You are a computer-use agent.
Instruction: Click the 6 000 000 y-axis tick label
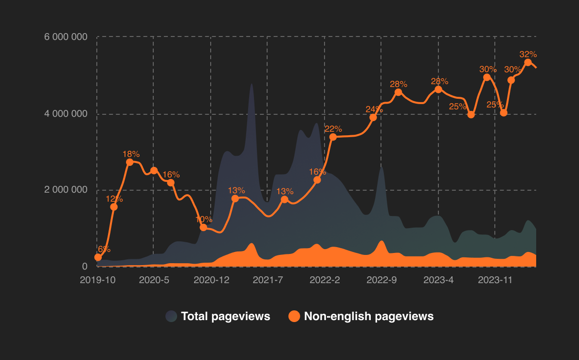coord(66,37)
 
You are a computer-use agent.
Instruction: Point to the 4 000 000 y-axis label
coord(66,114)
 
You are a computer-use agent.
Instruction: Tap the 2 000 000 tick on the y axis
coord(66,190)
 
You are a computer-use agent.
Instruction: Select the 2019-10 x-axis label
coord(97,280)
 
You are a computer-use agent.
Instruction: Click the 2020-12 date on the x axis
coord(211,280)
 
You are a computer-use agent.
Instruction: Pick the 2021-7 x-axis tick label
coord(268,280)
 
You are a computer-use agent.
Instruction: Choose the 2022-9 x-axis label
coord(381,280)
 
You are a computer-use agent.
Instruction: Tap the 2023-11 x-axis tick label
coord(495,280)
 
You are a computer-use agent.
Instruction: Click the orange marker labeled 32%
coord(528,62)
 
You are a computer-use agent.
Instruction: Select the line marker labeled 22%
coord(333,137)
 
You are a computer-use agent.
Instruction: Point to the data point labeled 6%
coord(98,257)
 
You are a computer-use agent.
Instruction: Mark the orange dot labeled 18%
coord(129,162)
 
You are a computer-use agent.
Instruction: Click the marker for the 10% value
coord(203,228)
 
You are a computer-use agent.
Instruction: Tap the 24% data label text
coord(374,109)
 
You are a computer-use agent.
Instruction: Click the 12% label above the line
coord(114,198)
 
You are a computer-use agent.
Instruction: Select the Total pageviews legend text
coord(225,316)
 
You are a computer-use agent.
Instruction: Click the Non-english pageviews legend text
coord(368,316)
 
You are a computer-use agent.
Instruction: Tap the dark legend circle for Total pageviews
coord(171,316)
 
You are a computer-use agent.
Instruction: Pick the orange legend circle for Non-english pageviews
coord(294,316)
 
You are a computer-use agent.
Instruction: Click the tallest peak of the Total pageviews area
coord(252,85)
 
